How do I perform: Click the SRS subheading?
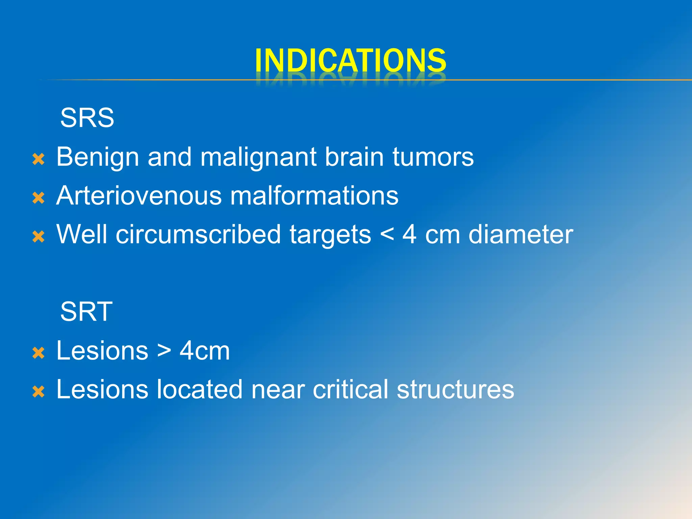87,118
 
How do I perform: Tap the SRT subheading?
86,312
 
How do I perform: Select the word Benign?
97,157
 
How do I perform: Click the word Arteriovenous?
139,196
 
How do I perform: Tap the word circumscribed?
198,234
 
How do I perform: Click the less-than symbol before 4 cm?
387,234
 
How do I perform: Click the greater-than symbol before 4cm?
164,350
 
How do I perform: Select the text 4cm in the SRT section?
204,350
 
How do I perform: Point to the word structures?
455,389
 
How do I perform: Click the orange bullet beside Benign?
39,159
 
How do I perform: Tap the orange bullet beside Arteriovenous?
39,198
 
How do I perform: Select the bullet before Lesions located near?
39,392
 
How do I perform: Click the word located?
200,389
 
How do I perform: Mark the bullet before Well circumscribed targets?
39,237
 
